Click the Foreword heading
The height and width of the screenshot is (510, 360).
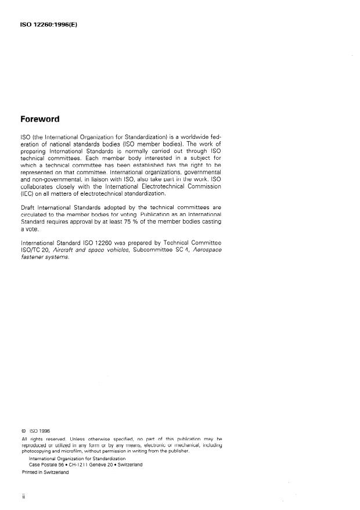pos(40,119)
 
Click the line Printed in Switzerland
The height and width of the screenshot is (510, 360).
pos(45,472)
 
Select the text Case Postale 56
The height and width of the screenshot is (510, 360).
pos(48,465)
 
